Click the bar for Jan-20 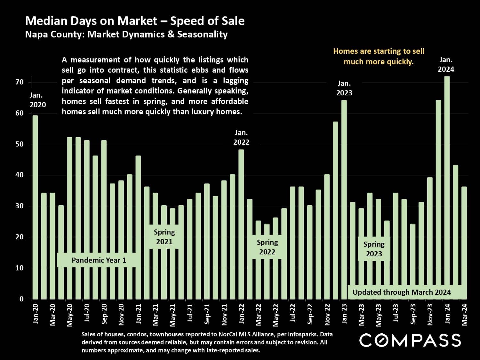[x=35, y=208]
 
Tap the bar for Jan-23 [x=344, y=198]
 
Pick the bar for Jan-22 [x=241, y=224]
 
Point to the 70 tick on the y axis [x=20, y=82]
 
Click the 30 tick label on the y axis [x=20, y=206]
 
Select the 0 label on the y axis [x=21, y=299]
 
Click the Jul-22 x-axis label [x=293, y=314]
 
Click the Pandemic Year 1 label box [x=99, y=260]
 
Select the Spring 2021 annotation [x=164, y=237]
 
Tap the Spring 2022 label [x=267, y=247]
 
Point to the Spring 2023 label [x=374, y=249]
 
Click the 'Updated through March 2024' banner [x=402, y=292]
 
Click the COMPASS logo [x=410, y=340]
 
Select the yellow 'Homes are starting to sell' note [x=379, y=56]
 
